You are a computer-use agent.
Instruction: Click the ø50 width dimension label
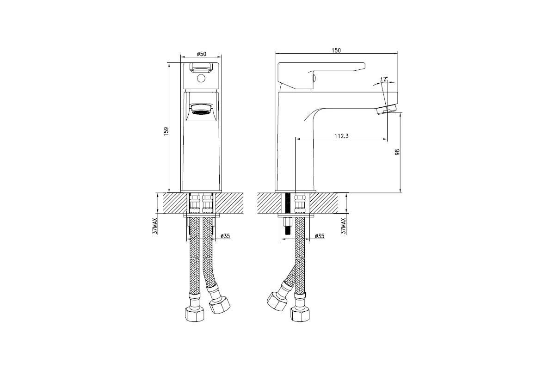pos(202,54)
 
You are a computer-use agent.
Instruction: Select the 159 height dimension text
pos(166,131)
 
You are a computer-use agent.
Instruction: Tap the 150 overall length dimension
pos(336,50)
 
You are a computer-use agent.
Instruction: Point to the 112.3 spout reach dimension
pos(341,136)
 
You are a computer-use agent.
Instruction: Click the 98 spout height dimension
pos(397,152)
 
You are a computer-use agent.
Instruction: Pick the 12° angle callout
pos(384,79)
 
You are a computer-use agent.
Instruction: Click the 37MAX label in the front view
pos(155,226)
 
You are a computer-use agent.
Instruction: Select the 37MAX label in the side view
pos(343,226)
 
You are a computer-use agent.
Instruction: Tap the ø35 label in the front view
pos(225,236)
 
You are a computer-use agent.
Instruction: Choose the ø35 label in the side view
pos(320,236)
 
